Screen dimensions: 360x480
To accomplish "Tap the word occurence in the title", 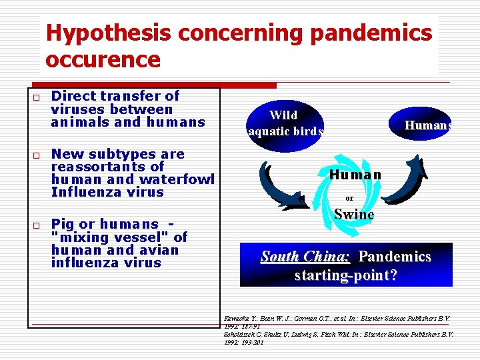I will tap(103, 60).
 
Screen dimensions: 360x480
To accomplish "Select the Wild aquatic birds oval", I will tap(285, 123).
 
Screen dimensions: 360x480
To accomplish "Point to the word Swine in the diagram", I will tap(354, 215).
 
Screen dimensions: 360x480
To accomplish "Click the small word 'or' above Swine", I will tap(349, 198).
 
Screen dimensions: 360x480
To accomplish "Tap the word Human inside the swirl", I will tap(355, 175).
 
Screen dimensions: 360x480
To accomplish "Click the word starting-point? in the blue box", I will tap(346, 275).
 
